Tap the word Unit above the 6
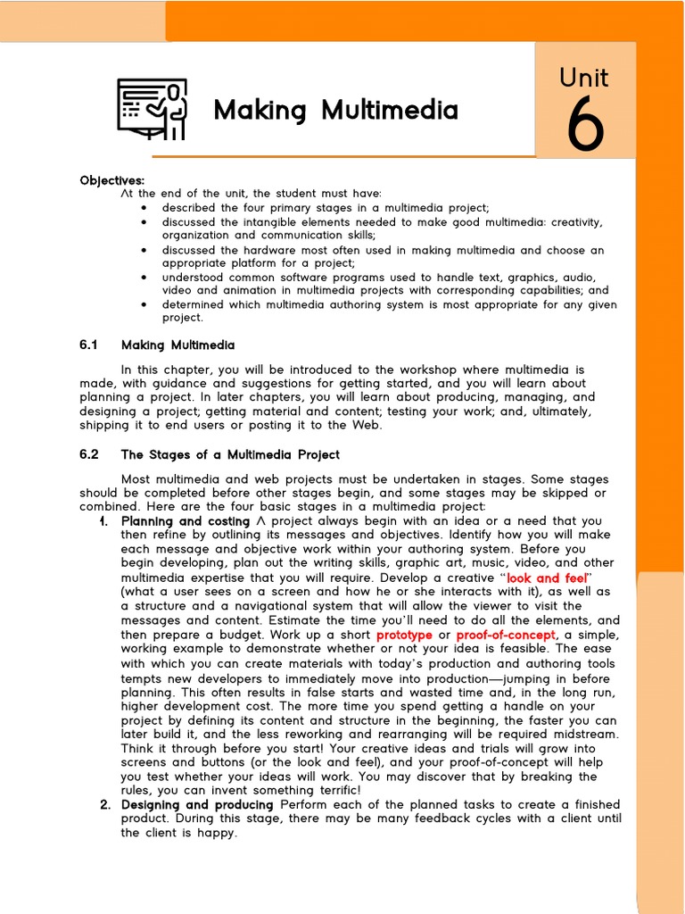point(584,79)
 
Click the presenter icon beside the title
point(153,109)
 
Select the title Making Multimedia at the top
point(335,111)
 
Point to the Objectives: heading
point(111,180)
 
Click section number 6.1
point(87,345)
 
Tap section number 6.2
point(88,454)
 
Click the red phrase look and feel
point(547,578)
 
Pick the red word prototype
point(404,635)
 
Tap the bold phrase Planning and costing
point(186,521)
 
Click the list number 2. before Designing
point(104,804)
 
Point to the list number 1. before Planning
point(104,521)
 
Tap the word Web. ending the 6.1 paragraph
point(367,425)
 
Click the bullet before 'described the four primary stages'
point(144,208)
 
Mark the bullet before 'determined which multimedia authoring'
point(144,305)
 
